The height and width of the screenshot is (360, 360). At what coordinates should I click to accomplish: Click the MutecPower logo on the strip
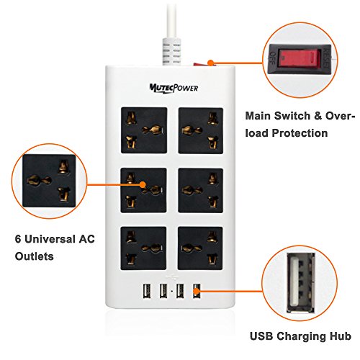tap(174, 88)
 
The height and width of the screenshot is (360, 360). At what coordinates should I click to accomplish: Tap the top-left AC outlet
tap(144, 130)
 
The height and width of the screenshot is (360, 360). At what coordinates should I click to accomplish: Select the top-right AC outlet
tap(201, 130)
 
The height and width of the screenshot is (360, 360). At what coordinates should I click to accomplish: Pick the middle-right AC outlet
tap(201, 190)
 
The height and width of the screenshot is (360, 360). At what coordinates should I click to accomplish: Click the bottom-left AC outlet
tap(143, 248)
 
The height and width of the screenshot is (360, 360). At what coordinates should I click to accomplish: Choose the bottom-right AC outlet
tap(200, 248)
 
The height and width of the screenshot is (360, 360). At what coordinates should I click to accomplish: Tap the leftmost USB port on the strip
tap(147, 291)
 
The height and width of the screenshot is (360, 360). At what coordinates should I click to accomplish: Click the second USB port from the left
tap(163, 291)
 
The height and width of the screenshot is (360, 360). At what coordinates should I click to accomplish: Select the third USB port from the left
tap(180, 291)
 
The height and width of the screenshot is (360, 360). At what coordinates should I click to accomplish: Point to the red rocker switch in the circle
tap(300, 58)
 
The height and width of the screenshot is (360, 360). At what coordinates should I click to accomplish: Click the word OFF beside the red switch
tap(273, 58)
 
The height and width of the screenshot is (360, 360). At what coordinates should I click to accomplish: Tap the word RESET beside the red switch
tap(327, 58)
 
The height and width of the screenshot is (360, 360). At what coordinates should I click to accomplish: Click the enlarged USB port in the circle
tap(301, 283)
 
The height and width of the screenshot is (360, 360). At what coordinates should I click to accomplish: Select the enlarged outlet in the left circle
tap(49, 181)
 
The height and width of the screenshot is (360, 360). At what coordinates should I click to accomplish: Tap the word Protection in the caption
tap(300, 133)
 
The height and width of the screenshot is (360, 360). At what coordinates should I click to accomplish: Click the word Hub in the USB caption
tap(341, 336)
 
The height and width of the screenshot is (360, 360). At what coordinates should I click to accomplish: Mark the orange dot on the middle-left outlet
tap(143, 184)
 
